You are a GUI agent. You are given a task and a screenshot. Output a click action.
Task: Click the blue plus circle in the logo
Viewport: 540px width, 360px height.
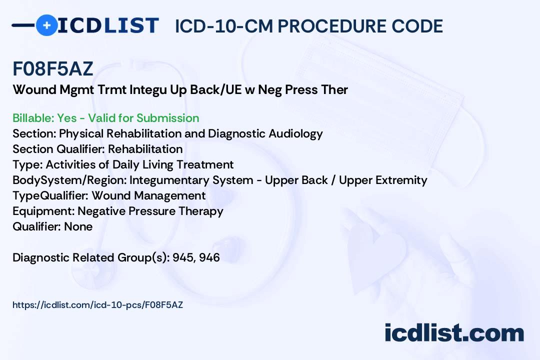click(47, 25)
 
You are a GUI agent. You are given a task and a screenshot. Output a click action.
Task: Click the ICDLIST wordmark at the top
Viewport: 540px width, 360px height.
click(108, 25)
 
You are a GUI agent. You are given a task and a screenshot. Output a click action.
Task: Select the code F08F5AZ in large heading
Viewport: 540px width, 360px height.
click(53, 69)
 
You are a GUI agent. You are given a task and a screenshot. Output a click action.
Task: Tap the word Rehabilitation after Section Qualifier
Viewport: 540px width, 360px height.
click(145, 149)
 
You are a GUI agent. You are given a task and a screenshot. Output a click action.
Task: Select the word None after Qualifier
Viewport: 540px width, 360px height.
click(78, 227)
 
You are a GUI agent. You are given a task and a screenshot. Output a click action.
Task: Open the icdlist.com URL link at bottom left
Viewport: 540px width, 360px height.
click(98, 304)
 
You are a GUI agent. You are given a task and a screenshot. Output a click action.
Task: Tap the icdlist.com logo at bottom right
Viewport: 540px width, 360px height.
click(454, 332)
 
